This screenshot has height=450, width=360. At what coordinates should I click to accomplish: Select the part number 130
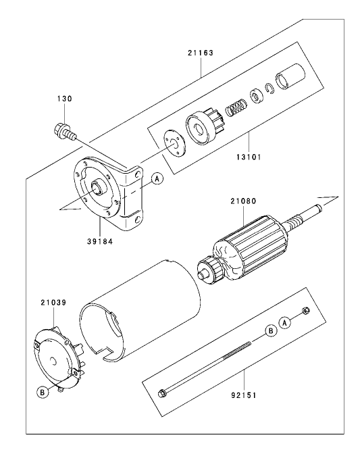coord(63,99)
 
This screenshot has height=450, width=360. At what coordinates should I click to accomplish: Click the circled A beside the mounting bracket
coord(157,179)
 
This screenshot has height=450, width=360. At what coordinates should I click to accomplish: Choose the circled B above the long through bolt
coord(269,330)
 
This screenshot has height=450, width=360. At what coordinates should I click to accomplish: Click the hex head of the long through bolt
coord(163,393)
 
